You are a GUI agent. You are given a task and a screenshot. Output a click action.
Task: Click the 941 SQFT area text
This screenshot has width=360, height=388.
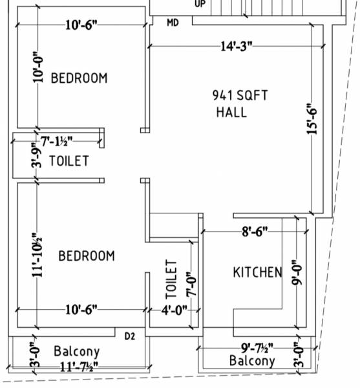pyautogui.click(x=239, y=95)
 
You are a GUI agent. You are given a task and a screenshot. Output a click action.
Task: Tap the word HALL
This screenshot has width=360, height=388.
pyautogui.click(x=231, y=112)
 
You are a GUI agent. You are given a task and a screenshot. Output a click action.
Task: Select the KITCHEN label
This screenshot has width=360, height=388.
pyautogui.click(x=257, y=272)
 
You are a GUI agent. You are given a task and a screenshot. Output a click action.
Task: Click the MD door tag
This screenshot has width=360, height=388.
pyautogui.click(x=173, y=23)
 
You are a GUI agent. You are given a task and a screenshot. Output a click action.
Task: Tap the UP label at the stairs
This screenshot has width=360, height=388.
pyautogui.click(x=200, y=3)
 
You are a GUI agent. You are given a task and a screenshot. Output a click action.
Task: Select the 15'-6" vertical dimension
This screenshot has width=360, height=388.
pyautogui.click(x=313, y=120)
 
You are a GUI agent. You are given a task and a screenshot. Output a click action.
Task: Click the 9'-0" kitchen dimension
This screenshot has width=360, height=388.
pyautogui.click(x=297, y=272)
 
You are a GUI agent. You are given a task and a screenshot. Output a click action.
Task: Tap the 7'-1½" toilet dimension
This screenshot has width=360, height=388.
pyautogui.click(x=57, y=140)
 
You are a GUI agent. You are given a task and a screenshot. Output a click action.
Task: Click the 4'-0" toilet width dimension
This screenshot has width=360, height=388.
pyautogui.click(x=174, y=309)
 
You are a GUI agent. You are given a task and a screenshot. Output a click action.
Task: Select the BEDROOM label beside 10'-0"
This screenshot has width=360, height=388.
pyautogui.click(x=79, y=78)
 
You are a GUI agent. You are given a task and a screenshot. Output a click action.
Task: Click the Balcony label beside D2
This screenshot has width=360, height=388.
pyautogui.click(x=76, y=352)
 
